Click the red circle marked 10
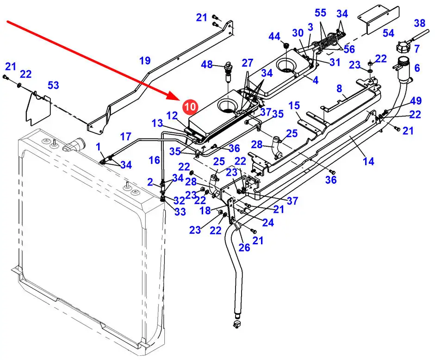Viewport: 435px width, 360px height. pyautogui.click(x=190, y=106)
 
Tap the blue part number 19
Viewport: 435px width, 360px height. pyautogui.click(x=145, y=61)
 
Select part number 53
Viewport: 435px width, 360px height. pyautogui.click(x=53, y=85)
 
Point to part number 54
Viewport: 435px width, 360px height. pyautogui.click(x=388, y=33)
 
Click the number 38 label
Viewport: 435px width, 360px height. pyautogui.click(x=419, y=23)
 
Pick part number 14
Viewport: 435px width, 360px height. pyautogui.click(x=368, y=161)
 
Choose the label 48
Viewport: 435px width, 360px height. pyautogui.click(x=207, y=64)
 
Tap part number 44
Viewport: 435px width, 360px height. pyautogui.click(x=274, y=37)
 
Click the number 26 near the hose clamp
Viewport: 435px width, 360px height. pyautogui.click(x=244, y=248)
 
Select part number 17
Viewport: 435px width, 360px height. pyautogui.click(x=125, y=137)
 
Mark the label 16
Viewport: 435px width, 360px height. pyautogui.click(x=154, y=160)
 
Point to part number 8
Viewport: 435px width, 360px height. pyautogui.click(x=339, y=88)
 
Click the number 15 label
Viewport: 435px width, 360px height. pyautogui.click(x=294, y=106)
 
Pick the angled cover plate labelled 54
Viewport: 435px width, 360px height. pyautogui.click(x=379, y=20)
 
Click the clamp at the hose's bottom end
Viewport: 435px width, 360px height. pyautogui.click(x=236, y=323)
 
